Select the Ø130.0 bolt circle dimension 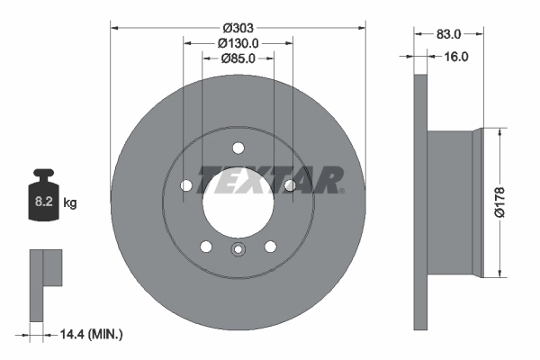pos(238,42)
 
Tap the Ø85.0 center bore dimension pos(238,58)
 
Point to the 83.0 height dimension pos(448,34)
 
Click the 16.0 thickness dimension pos(457,56)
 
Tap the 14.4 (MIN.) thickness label pos(90,334)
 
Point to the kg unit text pos(70,203)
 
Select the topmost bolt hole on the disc pos(238,148)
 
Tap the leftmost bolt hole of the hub pos(185,185)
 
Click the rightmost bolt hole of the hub pos(290,185)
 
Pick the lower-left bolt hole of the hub pos(206,247)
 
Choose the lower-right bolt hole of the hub pos(270,247)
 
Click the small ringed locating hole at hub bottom pos(238,251)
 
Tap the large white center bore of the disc pos(238,207)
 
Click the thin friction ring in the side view pos(419,202)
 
